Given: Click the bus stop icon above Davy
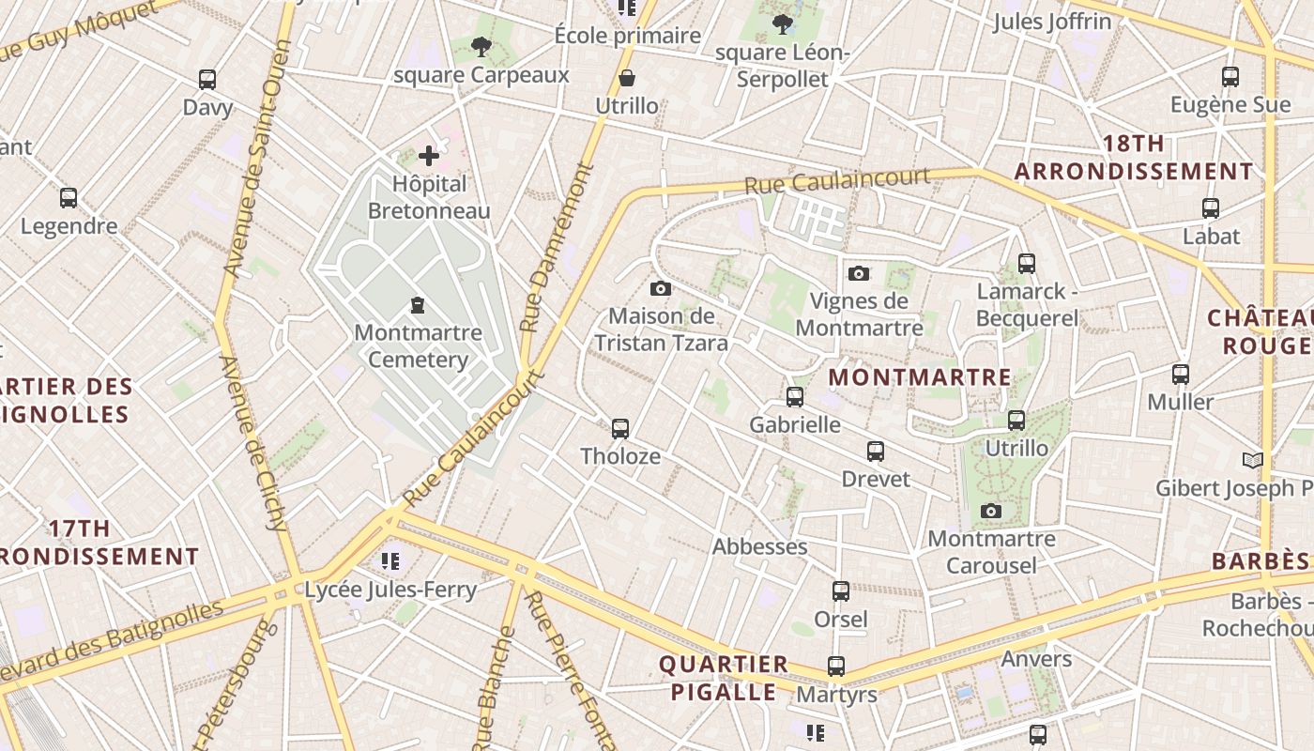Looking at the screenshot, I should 207,80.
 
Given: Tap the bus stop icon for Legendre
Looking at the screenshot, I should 69,198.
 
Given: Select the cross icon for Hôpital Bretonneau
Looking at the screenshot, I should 429,155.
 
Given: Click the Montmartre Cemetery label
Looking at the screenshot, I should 418,345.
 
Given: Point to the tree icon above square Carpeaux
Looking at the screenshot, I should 481,46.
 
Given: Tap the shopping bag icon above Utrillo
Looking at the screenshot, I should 626,77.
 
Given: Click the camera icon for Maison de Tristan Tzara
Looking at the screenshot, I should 661,288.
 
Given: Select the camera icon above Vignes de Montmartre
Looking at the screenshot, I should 858,273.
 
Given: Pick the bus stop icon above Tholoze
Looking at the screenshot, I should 619,429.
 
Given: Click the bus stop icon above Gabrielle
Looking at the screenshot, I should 795,397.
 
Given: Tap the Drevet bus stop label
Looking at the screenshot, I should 875,479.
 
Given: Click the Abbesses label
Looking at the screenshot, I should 759,546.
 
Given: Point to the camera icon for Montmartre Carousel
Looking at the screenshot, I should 990,512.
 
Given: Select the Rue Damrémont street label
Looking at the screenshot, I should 557,249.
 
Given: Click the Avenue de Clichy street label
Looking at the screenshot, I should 253,441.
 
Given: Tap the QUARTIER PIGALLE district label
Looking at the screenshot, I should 723,678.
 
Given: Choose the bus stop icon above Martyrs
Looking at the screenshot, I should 835,667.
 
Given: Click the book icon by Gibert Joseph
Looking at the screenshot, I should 1252,460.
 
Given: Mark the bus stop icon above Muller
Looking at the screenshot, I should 1181,375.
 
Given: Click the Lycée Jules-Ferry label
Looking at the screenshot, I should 390,590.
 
